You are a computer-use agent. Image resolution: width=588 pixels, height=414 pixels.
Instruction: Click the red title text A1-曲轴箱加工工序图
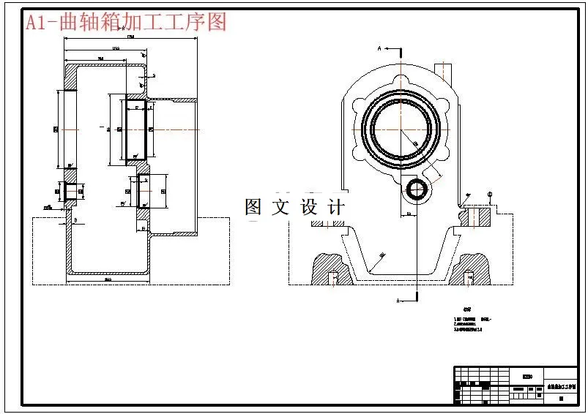click(x=126, y=22)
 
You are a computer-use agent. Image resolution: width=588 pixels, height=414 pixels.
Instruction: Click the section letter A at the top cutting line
click(x=379, y=48)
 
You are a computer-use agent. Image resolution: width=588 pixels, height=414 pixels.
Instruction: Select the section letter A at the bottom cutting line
click(x=398, y=301)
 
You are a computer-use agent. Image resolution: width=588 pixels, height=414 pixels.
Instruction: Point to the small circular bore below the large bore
click(x=417, y=189)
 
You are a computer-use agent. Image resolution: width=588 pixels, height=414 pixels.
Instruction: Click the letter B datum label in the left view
click(x=75, y=219)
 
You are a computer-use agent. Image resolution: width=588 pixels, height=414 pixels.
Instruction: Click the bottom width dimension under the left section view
click(x=108, y=279)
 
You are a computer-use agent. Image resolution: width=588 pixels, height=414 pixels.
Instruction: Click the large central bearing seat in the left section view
click(x=138, y=129)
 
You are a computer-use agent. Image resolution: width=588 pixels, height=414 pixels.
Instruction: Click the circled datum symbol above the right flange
click(x=490, y=194)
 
